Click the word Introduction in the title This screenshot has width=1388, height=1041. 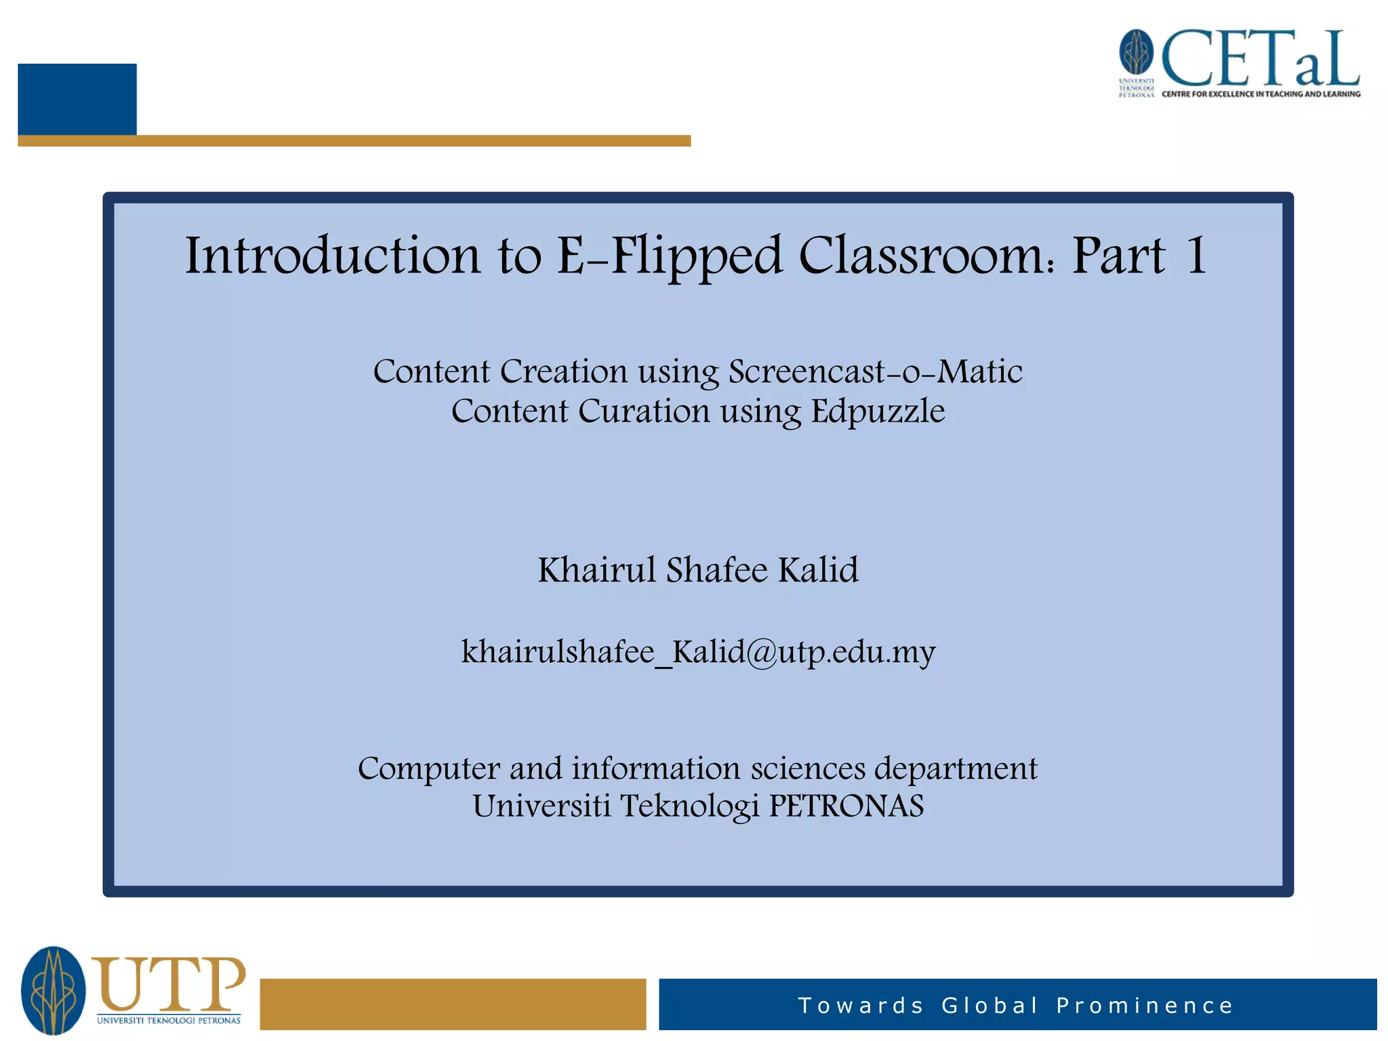coord(333,256)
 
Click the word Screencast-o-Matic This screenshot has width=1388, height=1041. coord(875,371)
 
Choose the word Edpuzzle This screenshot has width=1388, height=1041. coord(878,411)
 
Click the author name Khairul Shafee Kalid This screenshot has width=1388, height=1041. coord(698,569)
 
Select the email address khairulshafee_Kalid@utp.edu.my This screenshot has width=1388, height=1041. coord(698,652)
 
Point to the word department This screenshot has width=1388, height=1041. coord(956,769)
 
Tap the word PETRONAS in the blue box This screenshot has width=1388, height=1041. coord(846,807)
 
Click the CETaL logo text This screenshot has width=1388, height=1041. coord(1261,60)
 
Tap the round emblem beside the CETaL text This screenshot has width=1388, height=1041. coord(1136,52)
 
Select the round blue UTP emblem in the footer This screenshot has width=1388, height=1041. coord(54,990)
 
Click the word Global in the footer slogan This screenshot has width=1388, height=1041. coord(989,1006)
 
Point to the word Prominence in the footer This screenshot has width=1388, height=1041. coord(1145,1006)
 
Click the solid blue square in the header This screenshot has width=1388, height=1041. coord(77,99)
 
